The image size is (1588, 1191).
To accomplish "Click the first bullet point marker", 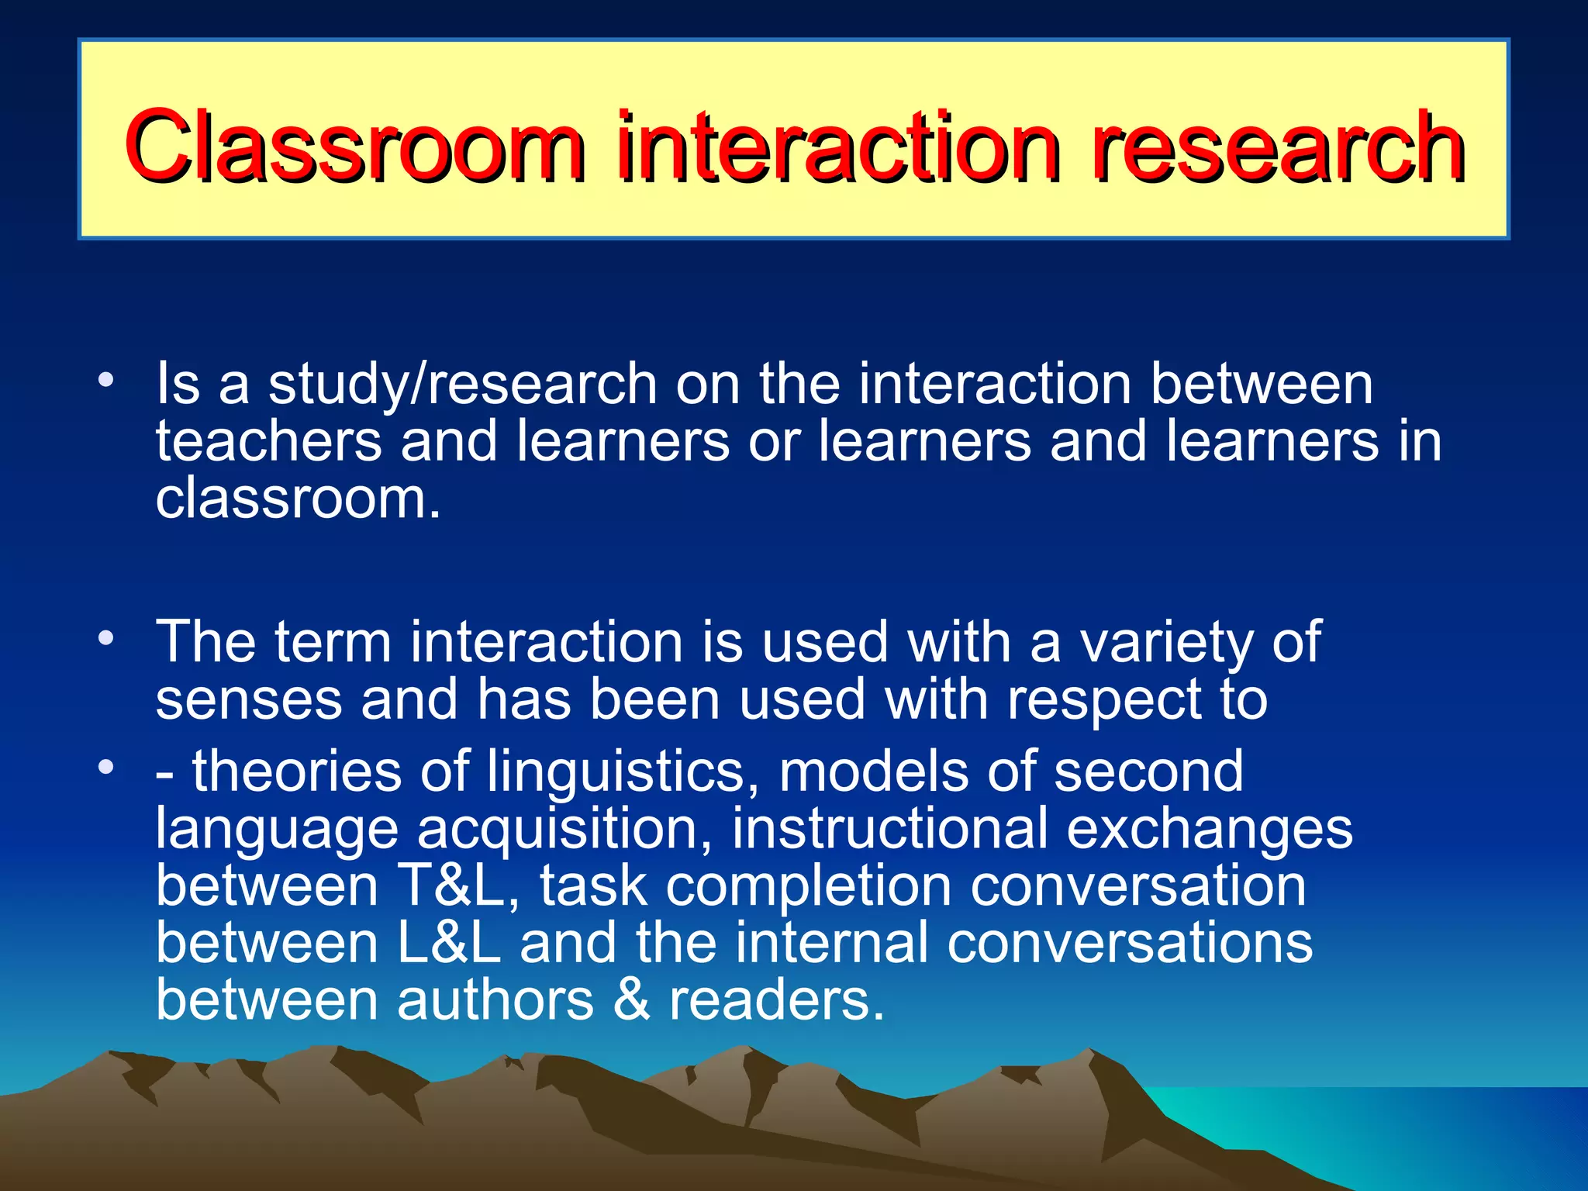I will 106,381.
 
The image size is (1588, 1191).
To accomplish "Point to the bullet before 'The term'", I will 106,639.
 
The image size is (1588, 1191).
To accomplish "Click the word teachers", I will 268,440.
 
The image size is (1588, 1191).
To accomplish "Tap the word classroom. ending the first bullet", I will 298,499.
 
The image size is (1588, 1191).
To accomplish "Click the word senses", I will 248,700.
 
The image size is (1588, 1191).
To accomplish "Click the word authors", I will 495,999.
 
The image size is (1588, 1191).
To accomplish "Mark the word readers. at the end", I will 775,999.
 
